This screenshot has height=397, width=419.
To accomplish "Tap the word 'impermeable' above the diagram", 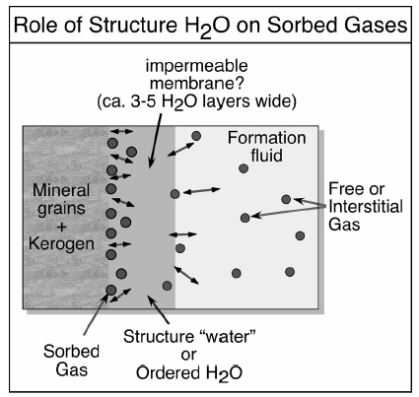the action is (196, 66).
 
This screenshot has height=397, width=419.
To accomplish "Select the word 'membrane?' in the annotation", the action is (197, 83).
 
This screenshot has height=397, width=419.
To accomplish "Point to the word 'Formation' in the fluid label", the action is (267, 138).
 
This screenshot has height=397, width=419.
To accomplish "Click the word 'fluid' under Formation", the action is (266, 155).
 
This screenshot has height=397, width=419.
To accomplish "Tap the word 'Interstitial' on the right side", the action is (366, 207).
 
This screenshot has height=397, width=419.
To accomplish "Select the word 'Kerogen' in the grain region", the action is (61, 243).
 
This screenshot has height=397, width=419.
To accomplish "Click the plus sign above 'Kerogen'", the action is (61, 227).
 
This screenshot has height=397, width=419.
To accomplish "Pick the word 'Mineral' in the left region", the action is (61, 190).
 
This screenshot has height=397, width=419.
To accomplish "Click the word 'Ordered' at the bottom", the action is (168, 372).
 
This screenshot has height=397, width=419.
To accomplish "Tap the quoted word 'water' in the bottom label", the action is (229, 337).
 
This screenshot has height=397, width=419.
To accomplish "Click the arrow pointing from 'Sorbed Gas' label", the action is (96, 313).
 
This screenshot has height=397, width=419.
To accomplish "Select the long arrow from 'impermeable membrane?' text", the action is (156, 141).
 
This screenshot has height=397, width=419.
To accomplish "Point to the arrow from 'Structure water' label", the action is (159, 309).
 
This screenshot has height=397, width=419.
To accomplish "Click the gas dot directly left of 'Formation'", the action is (196, 136).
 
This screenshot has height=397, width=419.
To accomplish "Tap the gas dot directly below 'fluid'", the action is (244, 168).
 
